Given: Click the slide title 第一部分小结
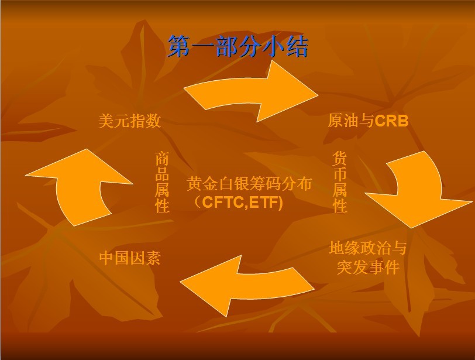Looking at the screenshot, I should [237, 47].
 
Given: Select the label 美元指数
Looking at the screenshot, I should [129, 121].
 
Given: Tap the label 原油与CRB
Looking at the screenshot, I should [367, 121].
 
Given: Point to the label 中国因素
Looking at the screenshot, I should [129, 258].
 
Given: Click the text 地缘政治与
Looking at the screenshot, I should [367, 248].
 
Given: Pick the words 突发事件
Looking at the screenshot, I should [367, 268].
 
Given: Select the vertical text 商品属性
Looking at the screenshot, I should [162, 182].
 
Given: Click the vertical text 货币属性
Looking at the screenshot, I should [340, 182].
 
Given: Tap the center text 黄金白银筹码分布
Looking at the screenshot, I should [249, 184].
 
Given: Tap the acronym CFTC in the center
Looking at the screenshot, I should [221, 203].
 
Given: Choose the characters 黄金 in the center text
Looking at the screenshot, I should [202, 184].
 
